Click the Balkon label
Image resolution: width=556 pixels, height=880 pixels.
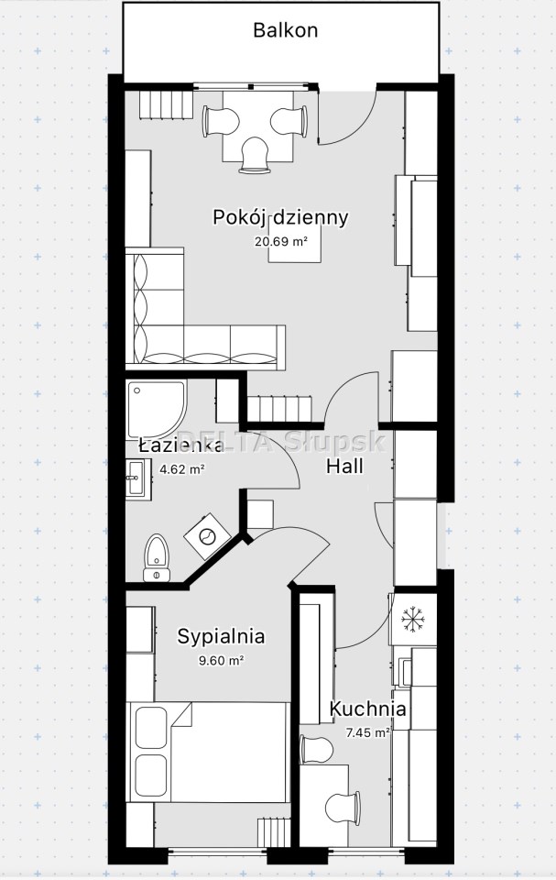(285, 29)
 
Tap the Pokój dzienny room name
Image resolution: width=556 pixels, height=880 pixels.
(280, 217)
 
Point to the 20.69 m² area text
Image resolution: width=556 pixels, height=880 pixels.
(281, 242)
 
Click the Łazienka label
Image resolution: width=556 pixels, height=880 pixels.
(181, 445)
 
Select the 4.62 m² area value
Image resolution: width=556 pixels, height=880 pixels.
(181, 469)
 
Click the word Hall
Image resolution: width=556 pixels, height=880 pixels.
(344, 466)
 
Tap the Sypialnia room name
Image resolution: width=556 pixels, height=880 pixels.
(221, 637)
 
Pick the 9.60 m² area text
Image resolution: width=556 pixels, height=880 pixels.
(221, 661)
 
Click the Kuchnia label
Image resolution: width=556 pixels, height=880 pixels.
(367, 709)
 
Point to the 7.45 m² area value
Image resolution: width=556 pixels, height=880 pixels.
(368, 732)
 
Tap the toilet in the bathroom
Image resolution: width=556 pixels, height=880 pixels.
(157, 558)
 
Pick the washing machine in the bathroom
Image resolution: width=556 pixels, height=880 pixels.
(208, 535)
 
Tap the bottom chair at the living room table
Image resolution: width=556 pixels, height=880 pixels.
(255, 155)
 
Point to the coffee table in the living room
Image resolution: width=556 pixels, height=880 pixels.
(296, 240)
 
